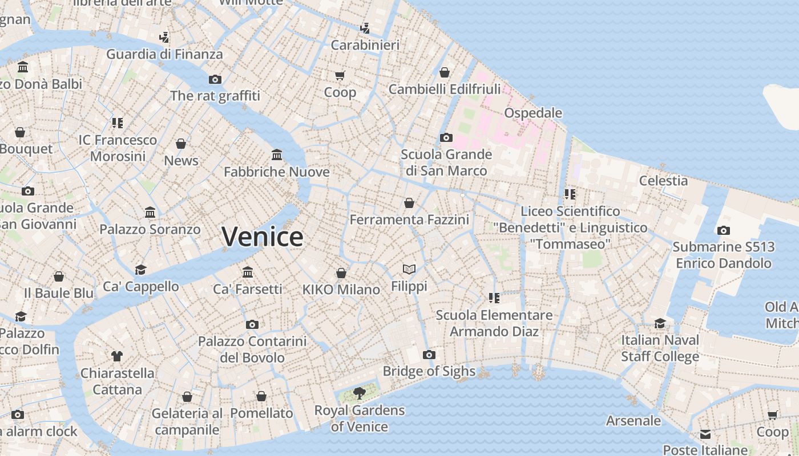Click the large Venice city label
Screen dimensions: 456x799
(x=262, y=237)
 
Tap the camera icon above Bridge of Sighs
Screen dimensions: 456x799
(x=429, y=355)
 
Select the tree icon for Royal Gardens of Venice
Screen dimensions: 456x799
(x=359, y=392)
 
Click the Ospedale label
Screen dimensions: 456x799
(x=533, y=113)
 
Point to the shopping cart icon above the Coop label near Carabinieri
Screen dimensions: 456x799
(x=340, y=75)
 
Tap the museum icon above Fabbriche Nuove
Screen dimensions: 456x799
(x=277, y=155)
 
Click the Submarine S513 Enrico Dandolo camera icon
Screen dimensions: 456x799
(x=723, y=230)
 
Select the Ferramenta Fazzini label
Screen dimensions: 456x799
(x=409, y=219)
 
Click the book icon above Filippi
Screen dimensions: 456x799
(x=409, y=269)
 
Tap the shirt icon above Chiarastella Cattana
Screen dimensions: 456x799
(x=117, y=356)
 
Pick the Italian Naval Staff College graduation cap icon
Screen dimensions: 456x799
(x=660, y=323)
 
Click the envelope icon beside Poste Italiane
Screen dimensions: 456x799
(x=705, y=434)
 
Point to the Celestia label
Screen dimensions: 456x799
(x=663, y=181)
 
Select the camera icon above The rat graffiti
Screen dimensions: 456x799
(x=215, y=79)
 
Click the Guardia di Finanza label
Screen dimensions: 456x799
(x=164, y=54)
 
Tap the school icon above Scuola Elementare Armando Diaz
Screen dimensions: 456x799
(x=494, y=298)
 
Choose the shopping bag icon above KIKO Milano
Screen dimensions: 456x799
(x=341, y=273)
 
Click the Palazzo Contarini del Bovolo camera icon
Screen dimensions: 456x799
(x=252, y=324)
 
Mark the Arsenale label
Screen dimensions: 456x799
(x=633, y=421)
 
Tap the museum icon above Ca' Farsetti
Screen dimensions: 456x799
(x=247, y=272)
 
